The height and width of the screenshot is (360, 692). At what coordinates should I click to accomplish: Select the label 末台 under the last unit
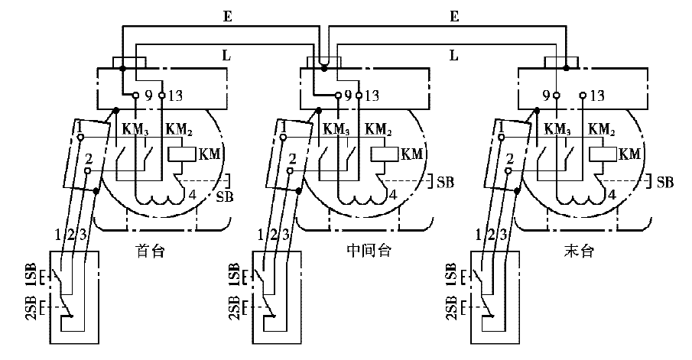(577, 249)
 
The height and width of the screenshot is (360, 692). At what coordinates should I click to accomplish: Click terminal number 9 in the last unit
(546, 96)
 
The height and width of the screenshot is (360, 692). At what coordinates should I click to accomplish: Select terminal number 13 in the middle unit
(373, 96)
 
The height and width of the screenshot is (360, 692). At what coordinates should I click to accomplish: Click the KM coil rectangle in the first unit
(181, 154)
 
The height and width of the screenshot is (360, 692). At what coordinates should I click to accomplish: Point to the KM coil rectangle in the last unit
(603, 154)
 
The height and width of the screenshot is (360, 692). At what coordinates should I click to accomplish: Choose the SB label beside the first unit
(224, 197)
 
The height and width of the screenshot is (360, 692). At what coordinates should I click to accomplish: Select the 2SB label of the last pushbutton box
(450, 310)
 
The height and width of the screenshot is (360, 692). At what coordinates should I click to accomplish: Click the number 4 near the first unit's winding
(192, 194)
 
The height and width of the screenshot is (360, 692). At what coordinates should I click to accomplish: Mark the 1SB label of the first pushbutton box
(31, 273)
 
